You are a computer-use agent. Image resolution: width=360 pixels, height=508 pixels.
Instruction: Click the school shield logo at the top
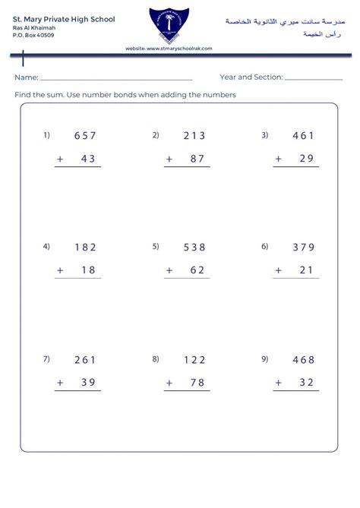tap(170, 24)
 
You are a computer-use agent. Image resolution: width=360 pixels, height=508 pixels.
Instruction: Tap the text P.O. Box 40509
tap(33, 35)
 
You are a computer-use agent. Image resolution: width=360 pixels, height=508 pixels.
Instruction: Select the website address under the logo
tap(169, 48)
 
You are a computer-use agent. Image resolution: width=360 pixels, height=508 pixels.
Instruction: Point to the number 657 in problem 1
tap(85, 136)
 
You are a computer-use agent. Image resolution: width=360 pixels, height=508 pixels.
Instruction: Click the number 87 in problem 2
tap(197, 159)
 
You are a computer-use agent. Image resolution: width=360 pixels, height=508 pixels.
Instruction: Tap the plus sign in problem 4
tap(60, 270)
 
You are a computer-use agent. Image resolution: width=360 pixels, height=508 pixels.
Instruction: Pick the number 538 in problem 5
tap(194, 247)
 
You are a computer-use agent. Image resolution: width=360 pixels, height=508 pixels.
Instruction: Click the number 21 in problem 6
tap(307, 270)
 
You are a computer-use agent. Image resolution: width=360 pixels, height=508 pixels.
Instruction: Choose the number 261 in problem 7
tap(85, 360)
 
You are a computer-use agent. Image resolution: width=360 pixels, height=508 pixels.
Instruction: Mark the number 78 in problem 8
tap(197, 383)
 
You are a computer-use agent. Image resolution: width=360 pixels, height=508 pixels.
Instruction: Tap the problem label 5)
tap(156, 246)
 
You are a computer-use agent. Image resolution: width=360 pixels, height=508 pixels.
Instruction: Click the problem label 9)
tap(265, 358)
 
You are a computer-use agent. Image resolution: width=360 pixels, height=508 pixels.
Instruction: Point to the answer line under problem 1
tap(78, 167)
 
